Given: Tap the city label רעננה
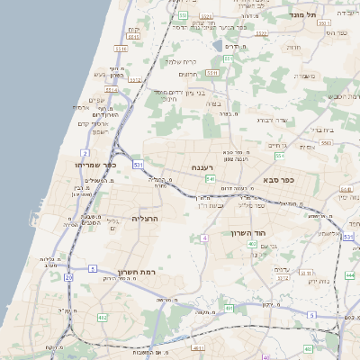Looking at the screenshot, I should pos(202,167).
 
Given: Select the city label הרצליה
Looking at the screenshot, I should pos(145,218).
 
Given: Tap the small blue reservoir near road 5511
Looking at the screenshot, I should pos(217,44).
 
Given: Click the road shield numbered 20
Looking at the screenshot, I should pos(68,277).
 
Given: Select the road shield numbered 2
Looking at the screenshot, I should pos(85,154).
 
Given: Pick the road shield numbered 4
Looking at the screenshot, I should pos(205,238).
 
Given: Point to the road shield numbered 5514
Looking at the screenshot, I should pos(111,89).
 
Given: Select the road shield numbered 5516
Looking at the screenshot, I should pos(134,80).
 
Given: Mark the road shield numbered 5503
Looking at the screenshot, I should pos(327,142).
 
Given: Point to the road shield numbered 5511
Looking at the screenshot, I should pos(212,73).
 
